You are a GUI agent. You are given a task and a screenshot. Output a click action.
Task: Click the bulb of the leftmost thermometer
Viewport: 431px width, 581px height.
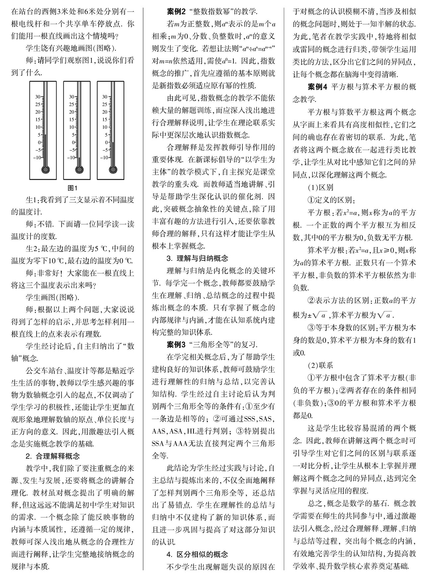tap(45, 170)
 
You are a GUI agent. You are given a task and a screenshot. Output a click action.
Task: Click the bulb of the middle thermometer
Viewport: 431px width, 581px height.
tap(79, 170)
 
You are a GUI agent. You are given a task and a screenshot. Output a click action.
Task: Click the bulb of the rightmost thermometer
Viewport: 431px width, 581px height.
tap(113, 170)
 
